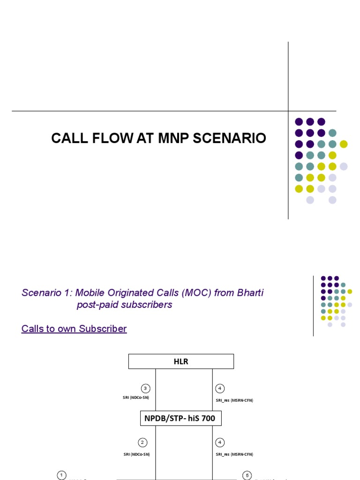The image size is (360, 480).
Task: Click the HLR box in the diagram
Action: tap(181, 361)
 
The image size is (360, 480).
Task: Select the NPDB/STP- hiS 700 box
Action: tap(181, 418)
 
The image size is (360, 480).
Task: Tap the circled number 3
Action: tap(146, 388)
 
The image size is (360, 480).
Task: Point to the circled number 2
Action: tap(143, 442)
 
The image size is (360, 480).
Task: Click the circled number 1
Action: tap(62, 475)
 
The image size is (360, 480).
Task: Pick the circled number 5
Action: tap(247, 475)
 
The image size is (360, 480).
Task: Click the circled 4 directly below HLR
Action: tap(220, 388)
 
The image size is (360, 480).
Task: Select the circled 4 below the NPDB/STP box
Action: tap(220, 442)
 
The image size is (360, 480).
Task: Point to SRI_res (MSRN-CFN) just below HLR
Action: tap(234, 400)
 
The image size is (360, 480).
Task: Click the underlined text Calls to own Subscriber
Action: tap(74, 329)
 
